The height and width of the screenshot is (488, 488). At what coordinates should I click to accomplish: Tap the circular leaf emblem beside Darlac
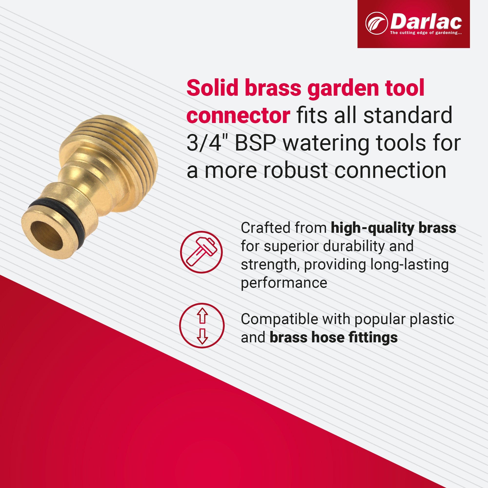pyautogui.click(x=376, y=23)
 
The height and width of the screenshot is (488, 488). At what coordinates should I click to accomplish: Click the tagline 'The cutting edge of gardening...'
pyautogui.click(x=426, y=33)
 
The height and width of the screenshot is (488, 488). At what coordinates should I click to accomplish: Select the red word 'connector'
pyautogui.click(x=238, y=115)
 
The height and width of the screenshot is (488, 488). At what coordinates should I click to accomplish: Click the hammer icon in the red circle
pyautogui.click(x=201, y=252)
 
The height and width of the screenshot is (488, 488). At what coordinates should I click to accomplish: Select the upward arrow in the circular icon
pyautogui.click(x=202, y=316)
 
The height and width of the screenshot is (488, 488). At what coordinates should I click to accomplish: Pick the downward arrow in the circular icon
pyautogui.click(x=202, y=336)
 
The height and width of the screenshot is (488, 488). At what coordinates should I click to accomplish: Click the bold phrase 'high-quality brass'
pyautogui.click(x=393, y=228)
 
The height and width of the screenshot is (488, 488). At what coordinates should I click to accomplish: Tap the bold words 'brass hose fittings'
pyautogui.click(x=333, y=337)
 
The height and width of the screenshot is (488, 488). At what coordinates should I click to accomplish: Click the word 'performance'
pyautogui.click(x=284, y=282)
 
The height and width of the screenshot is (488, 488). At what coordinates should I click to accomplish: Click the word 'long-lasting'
pyautogui.click(x=409, y=264)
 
